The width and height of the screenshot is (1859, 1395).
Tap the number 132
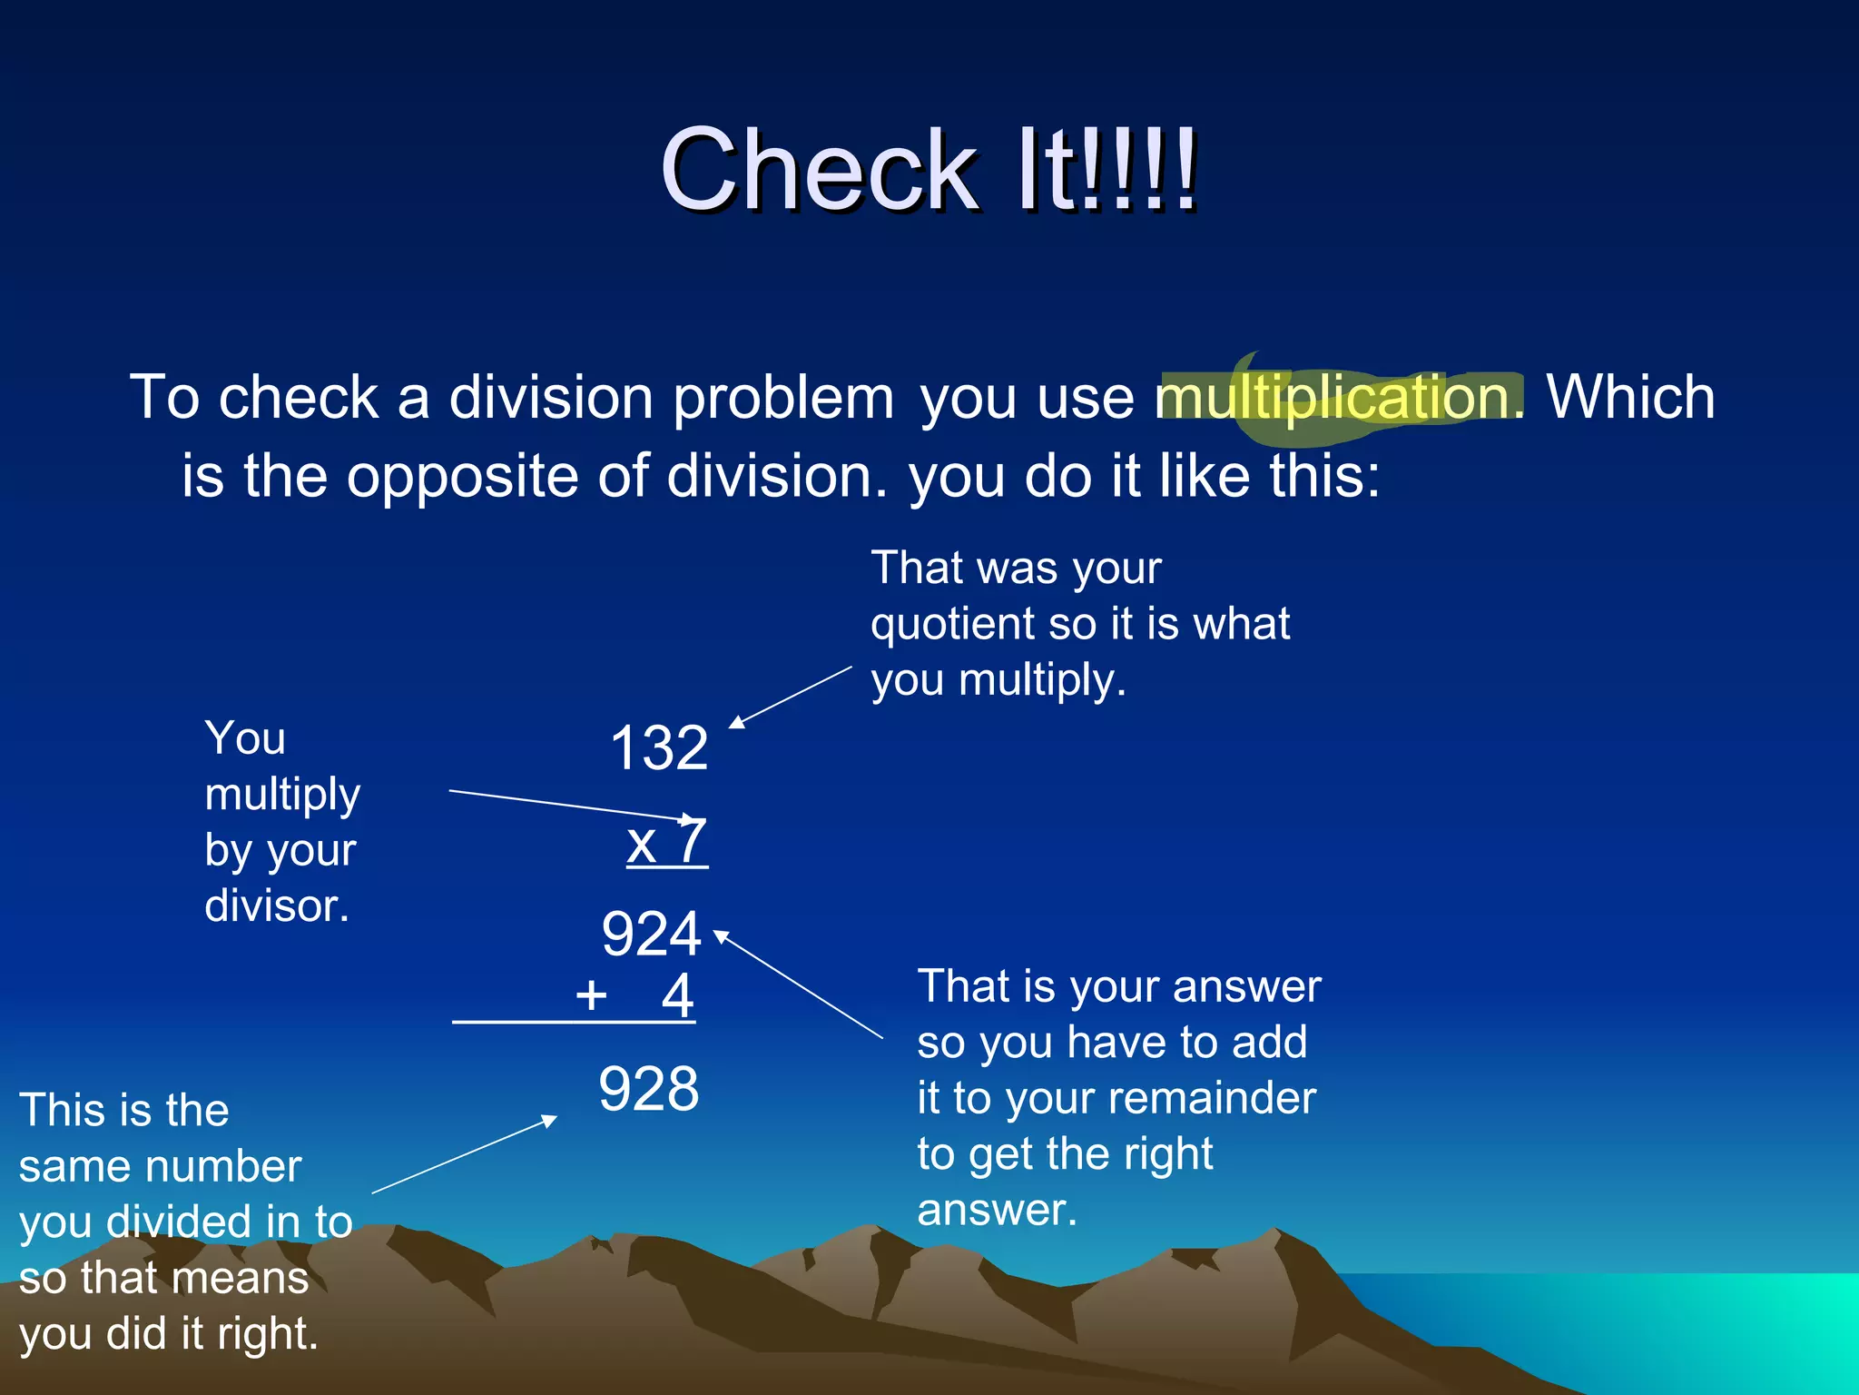click(659, 749)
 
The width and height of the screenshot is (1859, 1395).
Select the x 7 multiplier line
click(667, 842)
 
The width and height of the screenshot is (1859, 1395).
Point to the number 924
click(651, 935)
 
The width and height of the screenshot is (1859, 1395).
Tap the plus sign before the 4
click(591, 995)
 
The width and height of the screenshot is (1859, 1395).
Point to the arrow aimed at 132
click(790, 697)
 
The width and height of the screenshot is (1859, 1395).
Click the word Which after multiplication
click(1630, 398)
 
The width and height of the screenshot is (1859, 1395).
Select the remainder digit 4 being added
click(677, 995)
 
